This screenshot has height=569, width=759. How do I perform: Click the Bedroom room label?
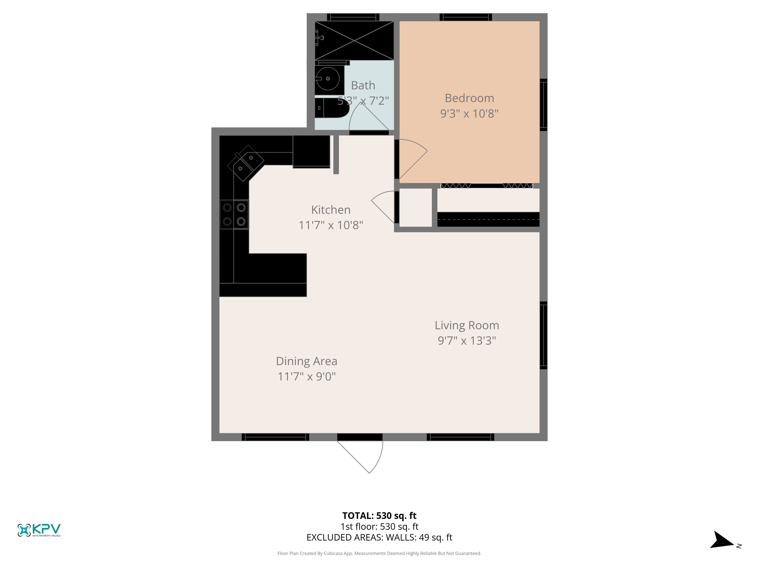click(469, 98)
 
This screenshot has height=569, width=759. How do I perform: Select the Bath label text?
click(363, 85)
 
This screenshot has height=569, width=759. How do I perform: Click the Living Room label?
click(467, 325)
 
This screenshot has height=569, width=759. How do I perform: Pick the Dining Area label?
click(306, 361)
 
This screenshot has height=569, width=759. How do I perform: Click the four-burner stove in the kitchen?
click(234, 214)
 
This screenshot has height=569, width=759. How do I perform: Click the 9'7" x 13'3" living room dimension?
click(467, 341)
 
